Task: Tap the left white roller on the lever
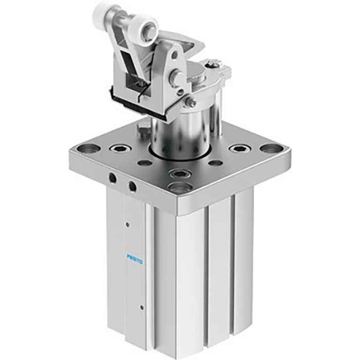tap(102, 11)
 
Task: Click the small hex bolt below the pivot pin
tap(191, 102)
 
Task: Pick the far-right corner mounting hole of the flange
tap(271, 149)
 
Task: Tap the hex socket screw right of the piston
tap(239, 149)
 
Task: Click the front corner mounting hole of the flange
tap(181, 188)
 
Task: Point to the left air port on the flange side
tap(112, 178)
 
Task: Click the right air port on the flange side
tap(133, 186)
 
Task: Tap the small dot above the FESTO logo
tap(127, 223)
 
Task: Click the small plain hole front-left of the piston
tap(145, 164)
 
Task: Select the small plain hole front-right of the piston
tap(217, 163)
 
